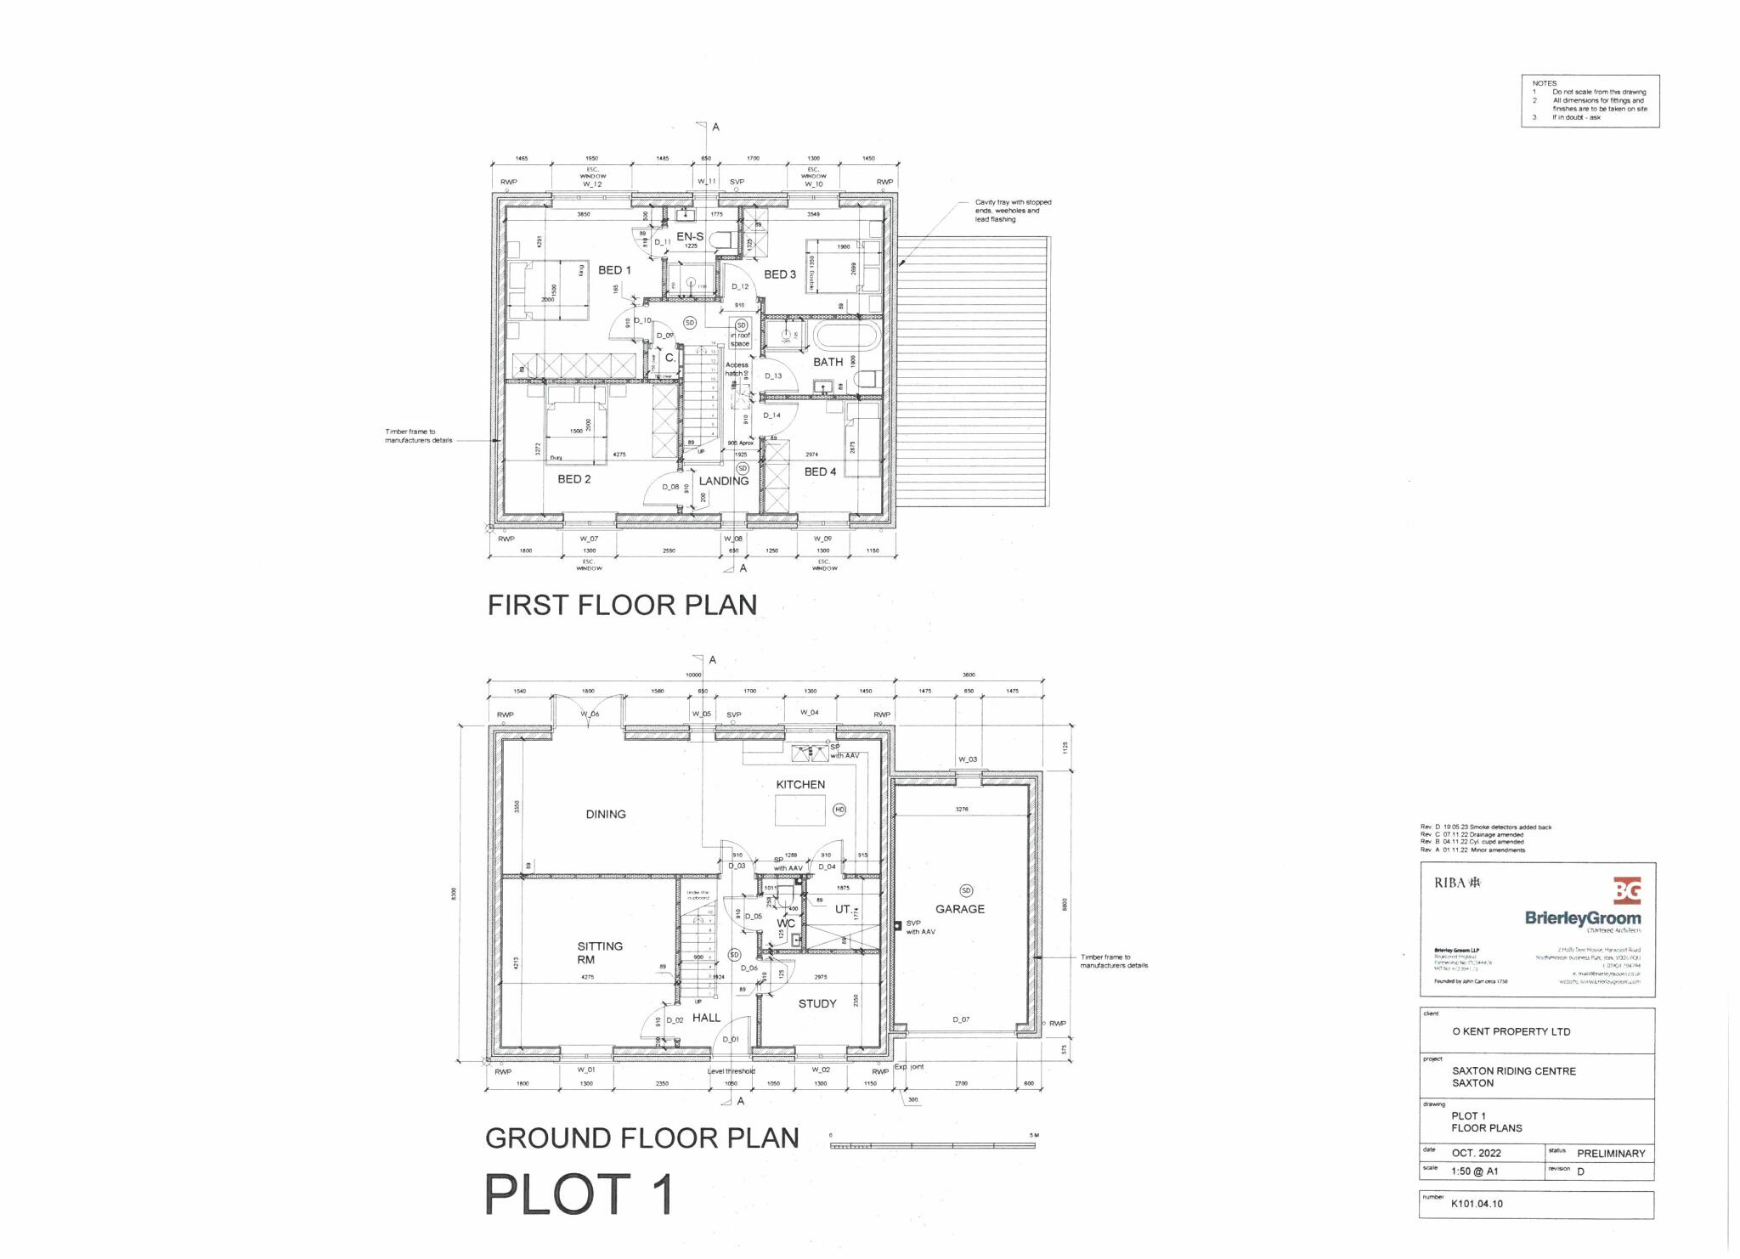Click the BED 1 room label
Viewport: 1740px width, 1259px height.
tap(614, 270)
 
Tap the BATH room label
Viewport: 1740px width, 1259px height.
tap(828, 362)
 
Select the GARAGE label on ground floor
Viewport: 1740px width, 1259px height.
tap(960, 909)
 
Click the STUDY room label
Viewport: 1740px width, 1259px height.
tap(817, 1003)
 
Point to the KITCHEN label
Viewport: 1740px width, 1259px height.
tap(800, 784)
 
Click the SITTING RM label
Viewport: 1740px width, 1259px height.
tap(600, 952)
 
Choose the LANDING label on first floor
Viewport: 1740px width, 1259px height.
tap(723, 481)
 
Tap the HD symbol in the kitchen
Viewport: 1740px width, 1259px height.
tap(839, 810)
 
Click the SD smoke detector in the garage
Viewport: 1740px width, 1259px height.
tap(966, 890)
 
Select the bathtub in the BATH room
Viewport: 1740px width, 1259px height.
tap(845, 336)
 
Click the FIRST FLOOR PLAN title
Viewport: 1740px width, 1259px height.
tap(622, 605)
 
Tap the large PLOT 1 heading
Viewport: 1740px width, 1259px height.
tap(579, 1194)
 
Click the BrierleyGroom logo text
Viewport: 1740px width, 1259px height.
tap(1583, 918)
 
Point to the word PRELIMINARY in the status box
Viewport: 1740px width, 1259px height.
tap(1611, 1154)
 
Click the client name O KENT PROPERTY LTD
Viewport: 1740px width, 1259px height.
tap(1511, 1031)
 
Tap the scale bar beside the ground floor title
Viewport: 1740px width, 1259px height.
tap(932, 1145)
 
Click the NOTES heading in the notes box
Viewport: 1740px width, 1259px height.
tap(1545, 83)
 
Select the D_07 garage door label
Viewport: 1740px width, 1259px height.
tap(960, 1019)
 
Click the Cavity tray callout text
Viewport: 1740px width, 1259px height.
tap(1013, 211)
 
